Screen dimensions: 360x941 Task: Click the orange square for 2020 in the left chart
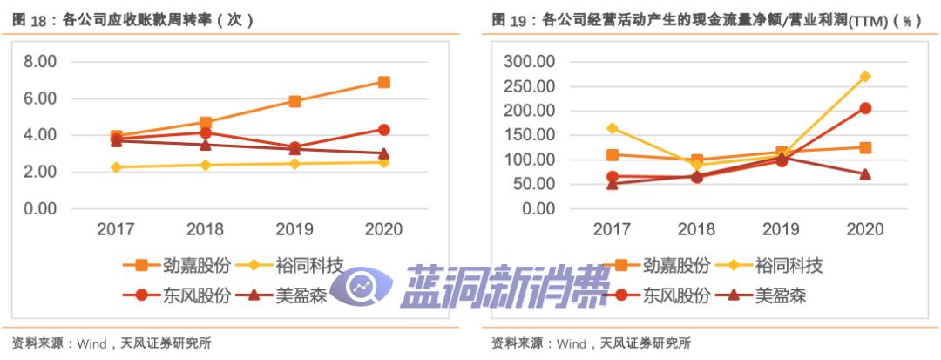click(383, 82)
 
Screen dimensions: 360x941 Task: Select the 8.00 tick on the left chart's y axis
click(40, 62)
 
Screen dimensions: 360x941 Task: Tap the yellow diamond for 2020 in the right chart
click(865, 77)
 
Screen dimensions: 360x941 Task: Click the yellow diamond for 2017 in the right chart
click(613, 128)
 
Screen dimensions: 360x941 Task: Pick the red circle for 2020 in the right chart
click(865, 108)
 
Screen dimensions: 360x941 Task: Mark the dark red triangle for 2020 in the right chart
click(865, 173)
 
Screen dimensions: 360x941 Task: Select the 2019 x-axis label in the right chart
click(781, 229)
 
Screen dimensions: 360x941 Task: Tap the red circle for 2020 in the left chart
click(383, 129)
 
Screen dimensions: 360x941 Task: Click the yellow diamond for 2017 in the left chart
click(116, 167)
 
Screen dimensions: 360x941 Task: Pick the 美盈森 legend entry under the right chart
click(780, 295)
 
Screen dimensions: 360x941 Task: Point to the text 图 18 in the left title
click(30, 19)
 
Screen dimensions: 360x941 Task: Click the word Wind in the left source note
click(92, 343)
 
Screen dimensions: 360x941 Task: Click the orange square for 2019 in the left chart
click(295, 101)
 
